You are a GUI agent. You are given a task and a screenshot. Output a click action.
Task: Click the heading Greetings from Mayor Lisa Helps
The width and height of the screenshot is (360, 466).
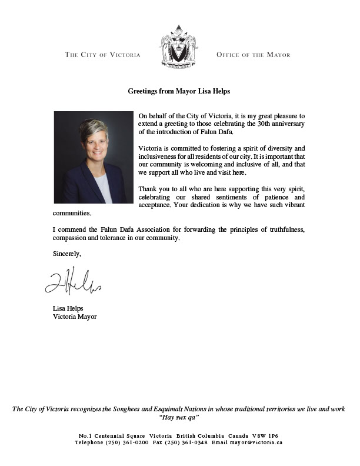click(x=179, y=91)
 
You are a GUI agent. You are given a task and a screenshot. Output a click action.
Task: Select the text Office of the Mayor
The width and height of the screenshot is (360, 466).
click(x=254, y=55)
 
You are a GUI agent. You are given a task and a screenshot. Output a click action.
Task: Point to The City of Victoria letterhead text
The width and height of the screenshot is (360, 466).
click(x=102, y=55)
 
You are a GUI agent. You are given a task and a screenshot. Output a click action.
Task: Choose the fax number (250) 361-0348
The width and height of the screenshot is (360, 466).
click(x=188, y=442)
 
